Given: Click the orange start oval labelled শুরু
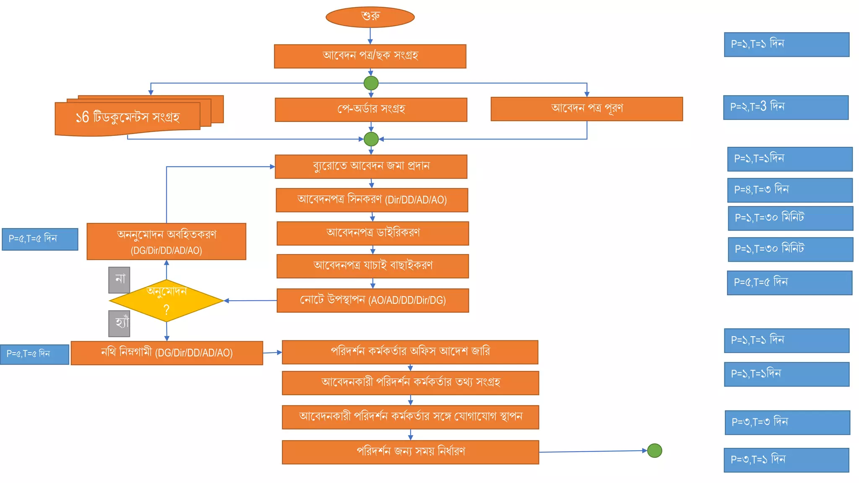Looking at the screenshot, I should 370,17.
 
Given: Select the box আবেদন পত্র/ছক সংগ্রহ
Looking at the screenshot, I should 370,56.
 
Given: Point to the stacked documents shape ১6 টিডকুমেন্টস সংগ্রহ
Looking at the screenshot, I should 128,118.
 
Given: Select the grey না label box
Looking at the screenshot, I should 119,280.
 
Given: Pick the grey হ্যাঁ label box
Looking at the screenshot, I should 119,323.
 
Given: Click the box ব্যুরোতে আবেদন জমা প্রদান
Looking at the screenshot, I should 371,166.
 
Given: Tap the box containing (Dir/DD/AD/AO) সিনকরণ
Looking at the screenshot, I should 372,200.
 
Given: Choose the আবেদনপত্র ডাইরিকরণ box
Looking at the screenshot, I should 372,233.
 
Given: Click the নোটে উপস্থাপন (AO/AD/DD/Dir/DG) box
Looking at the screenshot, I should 372,300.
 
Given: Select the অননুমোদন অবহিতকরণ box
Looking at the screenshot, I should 166,241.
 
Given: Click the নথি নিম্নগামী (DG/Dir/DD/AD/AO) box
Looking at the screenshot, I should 167,353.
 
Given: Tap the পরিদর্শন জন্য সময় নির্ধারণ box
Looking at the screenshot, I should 410,452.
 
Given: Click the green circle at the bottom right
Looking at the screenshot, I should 654,451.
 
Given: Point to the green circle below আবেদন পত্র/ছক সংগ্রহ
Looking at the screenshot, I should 371,83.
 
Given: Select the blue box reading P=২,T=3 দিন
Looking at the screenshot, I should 786,107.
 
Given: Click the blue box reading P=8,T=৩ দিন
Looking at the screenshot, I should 790,190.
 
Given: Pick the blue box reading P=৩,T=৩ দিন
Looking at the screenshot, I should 787,422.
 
